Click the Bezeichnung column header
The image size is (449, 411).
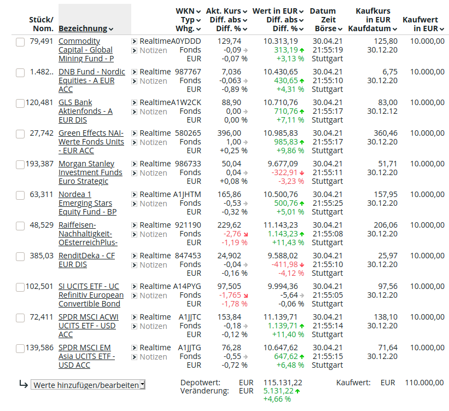click(x=83, y=28)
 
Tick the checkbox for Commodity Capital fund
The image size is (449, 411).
click(x=20, y=42)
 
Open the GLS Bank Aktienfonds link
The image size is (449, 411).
click(x=85, y=111)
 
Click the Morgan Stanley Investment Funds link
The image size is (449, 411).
click(x=86, y=172)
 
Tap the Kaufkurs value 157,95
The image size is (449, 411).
click(x=385, y=194)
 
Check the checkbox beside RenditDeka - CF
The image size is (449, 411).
click(x=20, y=257)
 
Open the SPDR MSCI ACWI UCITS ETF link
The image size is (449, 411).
click(x=88, y=326)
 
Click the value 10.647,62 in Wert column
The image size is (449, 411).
click(x=281, y=348)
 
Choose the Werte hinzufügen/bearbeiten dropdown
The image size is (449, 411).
click(x=88, y=385)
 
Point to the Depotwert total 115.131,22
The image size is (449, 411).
click(x=283, y=383)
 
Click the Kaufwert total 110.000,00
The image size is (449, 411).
click(x=424, y=383)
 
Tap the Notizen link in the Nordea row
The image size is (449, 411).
click(x=153, y=204)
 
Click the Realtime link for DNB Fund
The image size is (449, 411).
click(x=155, y=72)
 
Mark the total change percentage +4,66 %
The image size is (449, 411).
click(x=277, y=399)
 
